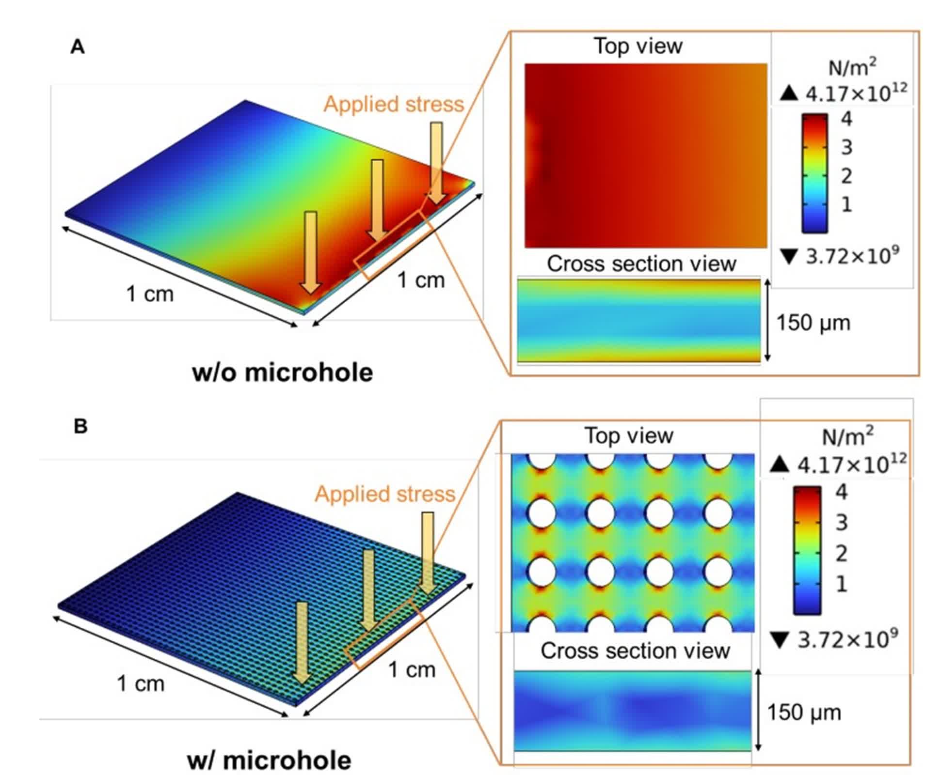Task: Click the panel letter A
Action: pos(78,47)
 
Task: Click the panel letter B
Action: pos(80,426)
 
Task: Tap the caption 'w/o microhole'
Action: pos(283,372)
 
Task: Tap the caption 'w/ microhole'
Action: pos(269,760)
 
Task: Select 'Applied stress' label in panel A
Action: pos(394,104)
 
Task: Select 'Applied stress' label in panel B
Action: pos(385,494)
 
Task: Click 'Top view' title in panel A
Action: pos(638,46)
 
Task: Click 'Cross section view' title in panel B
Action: pos(635,651)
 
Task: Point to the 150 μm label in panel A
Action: pos(813,323)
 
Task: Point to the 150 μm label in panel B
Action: pos(804,712)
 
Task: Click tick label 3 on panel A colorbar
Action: pos(846,147)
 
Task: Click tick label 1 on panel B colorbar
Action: pos(842,584)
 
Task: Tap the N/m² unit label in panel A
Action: pos(852,67)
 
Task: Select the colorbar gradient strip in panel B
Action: pos(807,550)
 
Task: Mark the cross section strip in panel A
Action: pos(638,320)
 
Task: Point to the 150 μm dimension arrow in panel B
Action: pos(758,711)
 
